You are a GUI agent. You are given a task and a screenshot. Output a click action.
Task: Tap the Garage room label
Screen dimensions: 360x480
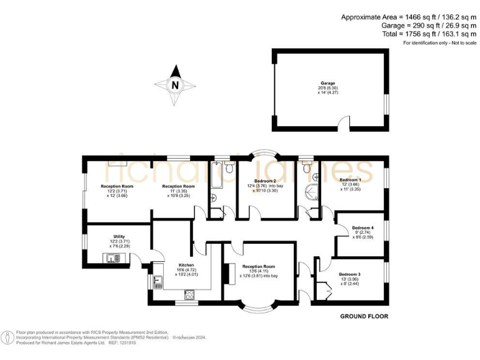point(327,83)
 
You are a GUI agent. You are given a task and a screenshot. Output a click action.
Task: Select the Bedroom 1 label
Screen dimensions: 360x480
point(350,180)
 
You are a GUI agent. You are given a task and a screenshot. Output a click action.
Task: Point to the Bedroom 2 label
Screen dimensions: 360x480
point(260,180)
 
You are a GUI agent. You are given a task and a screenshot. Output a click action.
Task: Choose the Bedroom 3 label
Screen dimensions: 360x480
point(349,274)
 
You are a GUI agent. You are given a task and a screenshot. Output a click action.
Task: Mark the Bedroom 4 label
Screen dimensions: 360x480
point(362,227)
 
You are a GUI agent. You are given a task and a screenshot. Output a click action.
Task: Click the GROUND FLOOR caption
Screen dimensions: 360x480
point(364,316)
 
